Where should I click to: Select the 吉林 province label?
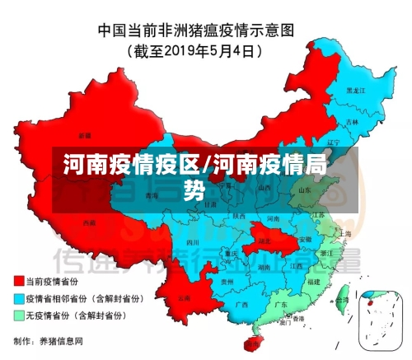pos(353,121)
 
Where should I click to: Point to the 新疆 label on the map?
pos(85,134)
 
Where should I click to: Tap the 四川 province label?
pos(192,243)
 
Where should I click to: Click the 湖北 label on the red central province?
pos(265,241)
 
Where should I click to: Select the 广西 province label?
pos(241,304)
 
